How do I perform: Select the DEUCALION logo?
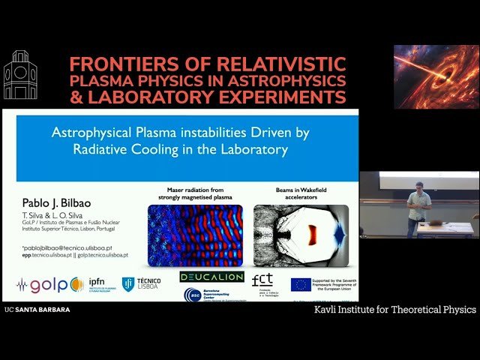(212, 277)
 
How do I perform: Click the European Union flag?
(301, 284)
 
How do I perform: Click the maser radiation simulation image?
(195, 235)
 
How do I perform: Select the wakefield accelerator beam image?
(301, 235)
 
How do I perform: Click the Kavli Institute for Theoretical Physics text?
(394, 309)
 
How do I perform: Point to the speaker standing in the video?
(418, 211)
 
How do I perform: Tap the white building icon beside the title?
(19, 76)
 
